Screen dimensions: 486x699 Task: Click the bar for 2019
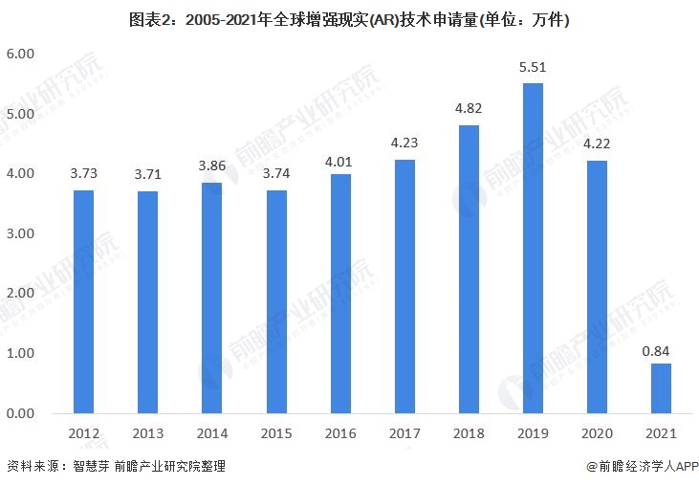532,248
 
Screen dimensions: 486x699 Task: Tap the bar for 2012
83,301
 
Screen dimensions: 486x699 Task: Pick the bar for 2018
468,269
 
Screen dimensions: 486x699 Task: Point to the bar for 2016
339,293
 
